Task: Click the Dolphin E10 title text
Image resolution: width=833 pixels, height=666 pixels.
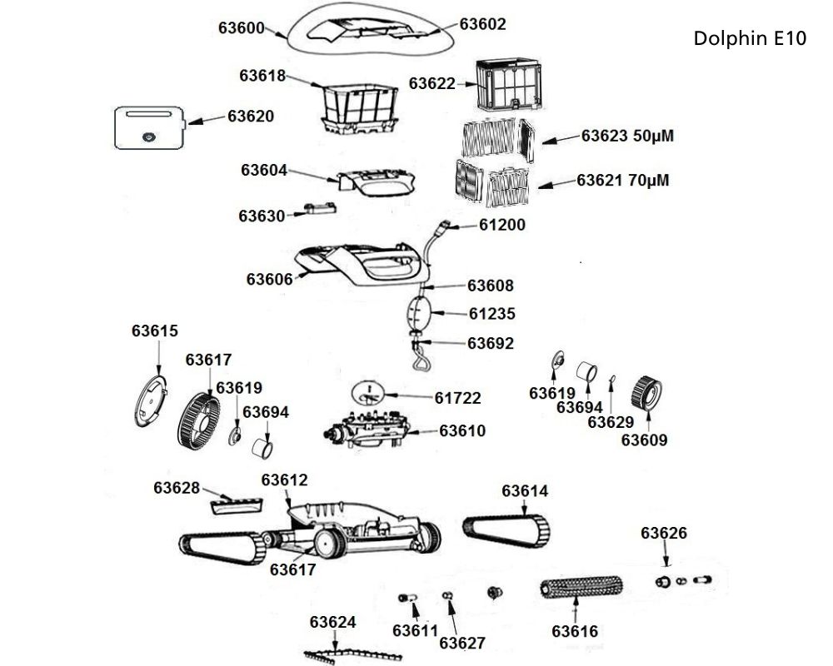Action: [749, 39]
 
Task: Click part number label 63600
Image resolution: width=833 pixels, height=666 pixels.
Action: [241, 27]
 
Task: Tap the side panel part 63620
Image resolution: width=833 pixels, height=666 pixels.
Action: [149, 127]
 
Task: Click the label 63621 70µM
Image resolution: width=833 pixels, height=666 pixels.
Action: [624, 181]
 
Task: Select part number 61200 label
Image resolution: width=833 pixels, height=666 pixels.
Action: [501, 225]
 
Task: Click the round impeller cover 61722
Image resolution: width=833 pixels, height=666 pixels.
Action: [367, 392]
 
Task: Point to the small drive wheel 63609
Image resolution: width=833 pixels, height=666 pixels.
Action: [646, 391]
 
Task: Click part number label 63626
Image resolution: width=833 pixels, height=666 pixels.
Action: [663, 533]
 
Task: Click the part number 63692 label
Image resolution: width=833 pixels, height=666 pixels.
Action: [490, 343]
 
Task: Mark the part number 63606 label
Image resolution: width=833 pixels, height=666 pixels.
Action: [269, 279]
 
